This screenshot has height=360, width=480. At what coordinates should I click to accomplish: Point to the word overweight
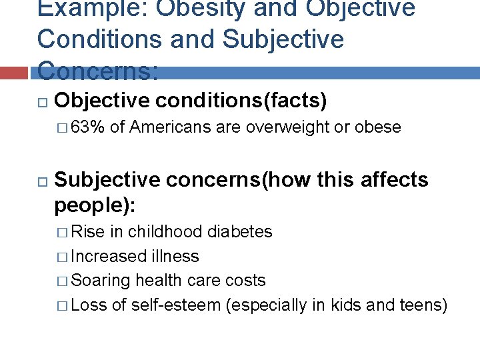point(286,127)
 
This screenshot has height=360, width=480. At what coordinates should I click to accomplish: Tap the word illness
point(175,256)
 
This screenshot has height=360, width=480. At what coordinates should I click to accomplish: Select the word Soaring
point(101,281)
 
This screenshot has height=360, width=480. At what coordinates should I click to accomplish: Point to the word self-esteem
point(177,305)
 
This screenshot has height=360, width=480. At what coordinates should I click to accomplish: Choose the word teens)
point(423,305)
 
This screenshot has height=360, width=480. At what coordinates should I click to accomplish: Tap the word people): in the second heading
point(94,205)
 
